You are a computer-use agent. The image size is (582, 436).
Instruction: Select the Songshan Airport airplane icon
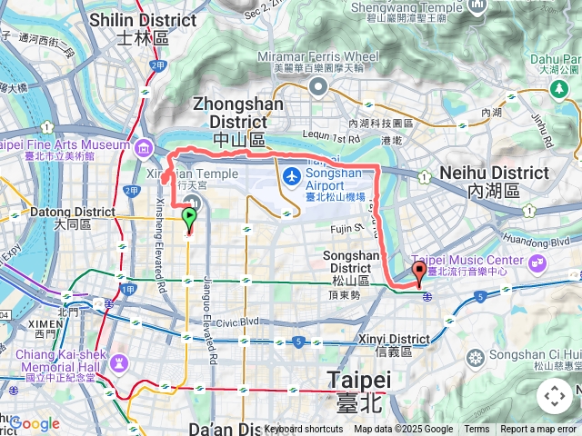click(291, 175)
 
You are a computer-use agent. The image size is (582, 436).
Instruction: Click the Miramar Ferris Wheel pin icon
click(318, 86)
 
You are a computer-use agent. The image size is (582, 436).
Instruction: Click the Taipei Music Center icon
click(537, 262)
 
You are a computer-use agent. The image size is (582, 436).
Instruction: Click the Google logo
click(35, 423)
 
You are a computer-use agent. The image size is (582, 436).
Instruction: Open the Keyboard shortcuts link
click(304, 429)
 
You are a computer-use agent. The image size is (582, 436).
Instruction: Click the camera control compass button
click(555, 396)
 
